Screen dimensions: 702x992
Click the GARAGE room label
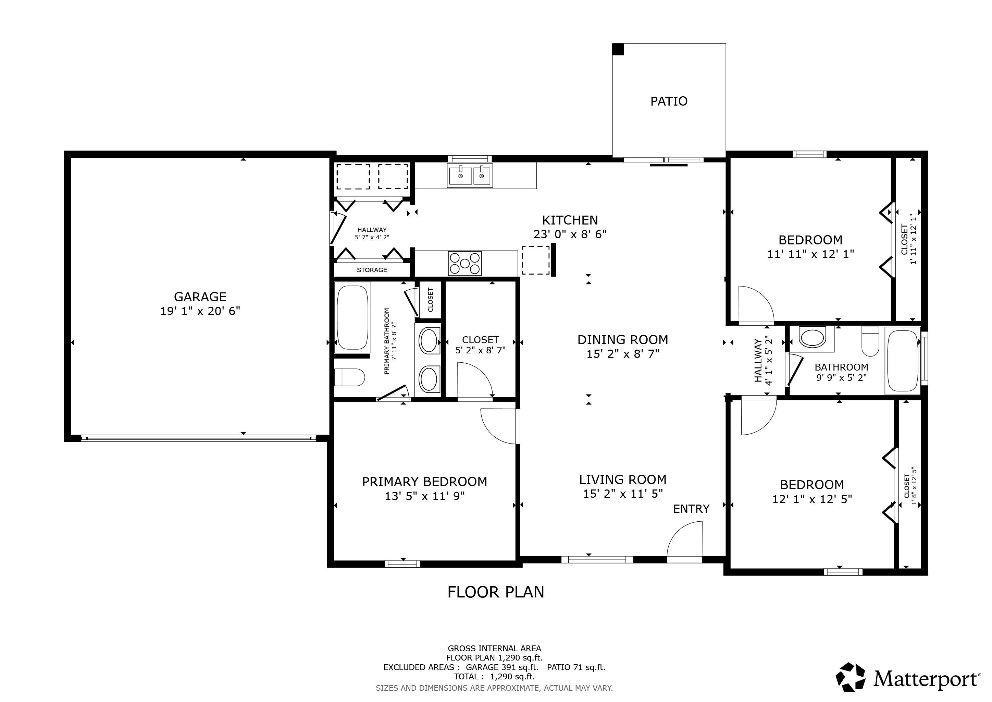point(200,296)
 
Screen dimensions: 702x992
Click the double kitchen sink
point(470,175)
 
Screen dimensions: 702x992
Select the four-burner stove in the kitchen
point(464,263)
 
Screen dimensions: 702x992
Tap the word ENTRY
point(691,509)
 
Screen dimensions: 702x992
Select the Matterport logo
point(908,677)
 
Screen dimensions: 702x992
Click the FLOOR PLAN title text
point(496,592)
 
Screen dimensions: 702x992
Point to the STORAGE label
point(372,270)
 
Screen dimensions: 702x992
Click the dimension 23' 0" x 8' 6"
point(570,234)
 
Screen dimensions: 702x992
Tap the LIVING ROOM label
point(623,480)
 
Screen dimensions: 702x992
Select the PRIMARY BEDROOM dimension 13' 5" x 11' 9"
point(425,496)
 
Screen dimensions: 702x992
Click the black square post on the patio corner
point(618,49)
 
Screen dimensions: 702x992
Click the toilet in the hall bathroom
point(870,341)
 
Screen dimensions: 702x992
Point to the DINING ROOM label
point(623,340)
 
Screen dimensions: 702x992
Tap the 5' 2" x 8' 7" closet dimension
point(481,350)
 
